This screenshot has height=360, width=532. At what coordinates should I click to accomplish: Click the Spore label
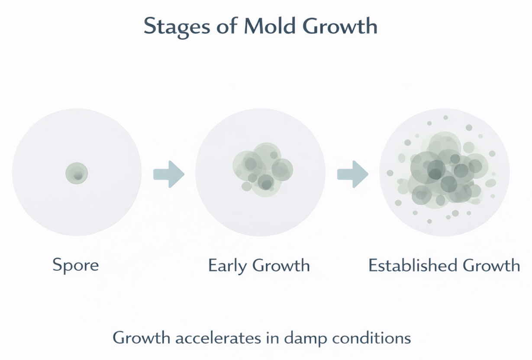pos(76,265)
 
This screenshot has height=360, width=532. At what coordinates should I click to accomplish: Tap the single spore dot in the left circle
pos(77,174)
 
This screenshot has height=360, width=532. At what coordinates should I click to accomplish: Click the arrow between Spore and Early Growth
pos(169,174)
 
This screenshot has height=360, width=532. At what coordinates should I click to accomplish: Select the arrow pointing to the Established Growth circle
pos(353,174)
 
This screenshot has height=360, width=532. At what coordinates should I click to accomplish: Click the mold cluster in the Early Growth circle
pos(261,169)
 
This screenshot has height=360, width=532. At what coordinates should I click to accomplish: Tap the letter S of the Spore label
pos(57,264)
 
